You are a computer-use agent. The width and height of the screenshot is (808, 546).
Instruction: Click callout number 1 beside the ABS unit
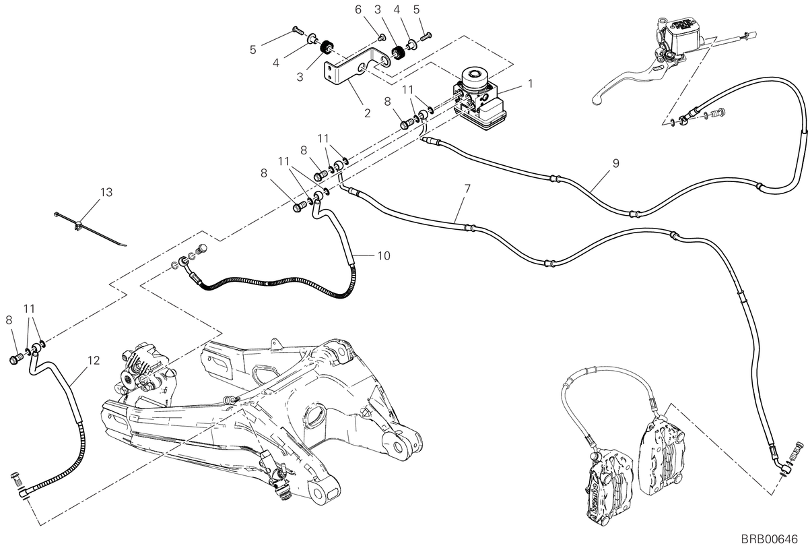(x=530, y=84)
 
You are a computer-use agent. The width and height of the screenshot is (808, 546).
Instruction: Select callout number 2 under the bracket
(x=367, y=113)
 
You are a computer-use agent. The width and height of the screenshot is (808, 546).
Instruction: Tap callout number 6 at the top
(x=358, y=9)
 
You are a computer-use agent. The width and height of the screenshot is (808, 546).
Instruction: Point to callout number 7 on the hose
(x=467, y=189)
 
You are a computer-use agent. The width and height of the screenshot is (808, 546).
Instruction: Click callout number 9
(x=615, y=163)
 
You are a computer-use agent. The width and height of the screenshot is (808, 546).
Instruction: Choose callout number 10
(x=384, y=255)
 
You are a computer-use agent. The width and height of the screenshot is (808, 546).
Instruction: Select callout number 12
(x=94, y=361)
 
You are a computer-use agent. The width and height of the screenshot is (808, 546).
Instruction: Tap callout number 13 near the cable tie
(x=106, y=192)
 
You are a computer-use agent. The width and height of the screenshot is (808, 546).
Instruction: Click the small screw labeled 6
(x=380, y=37)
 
